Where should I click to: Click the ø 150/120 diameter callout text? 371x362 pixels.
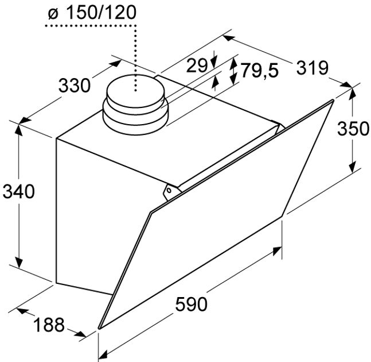(91, 13)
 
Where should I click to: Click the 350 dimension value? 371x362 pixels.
(353, 129)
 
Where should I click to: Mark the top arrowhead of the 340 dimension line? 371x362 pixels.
(19, 126)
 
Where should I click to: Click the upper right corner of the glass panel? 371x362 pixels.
(332, 102)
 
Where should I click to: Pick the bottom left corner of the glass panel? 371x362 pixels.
(99, 329)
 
